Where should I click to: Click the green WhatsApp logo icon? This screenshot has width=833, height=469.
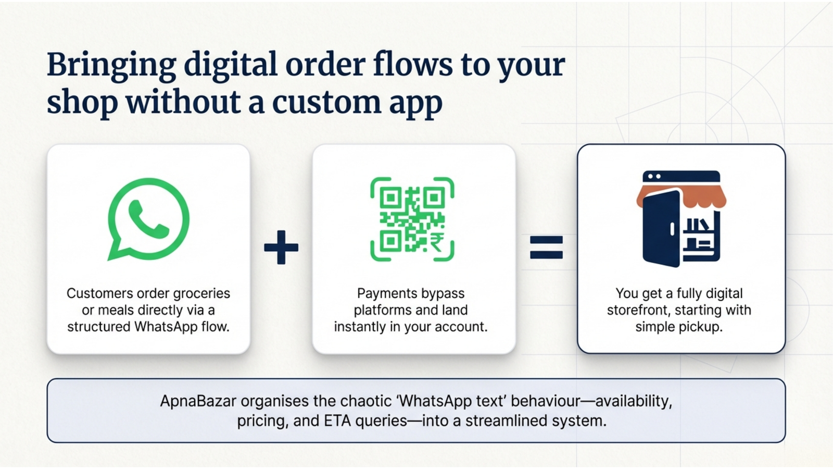148,219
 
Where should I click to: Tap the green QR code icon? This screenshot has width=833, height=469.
412,219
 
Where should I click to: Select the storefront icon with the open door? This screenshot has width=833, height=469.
681,219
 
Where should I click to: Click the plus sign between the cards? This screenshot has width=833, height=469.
281,247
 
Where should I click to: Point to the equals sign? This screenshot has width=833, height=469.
546,247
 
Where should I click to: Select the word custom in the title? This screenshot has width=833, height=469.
327,102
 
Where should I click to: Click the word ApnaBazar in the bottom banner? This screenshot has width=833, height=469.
198,401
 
